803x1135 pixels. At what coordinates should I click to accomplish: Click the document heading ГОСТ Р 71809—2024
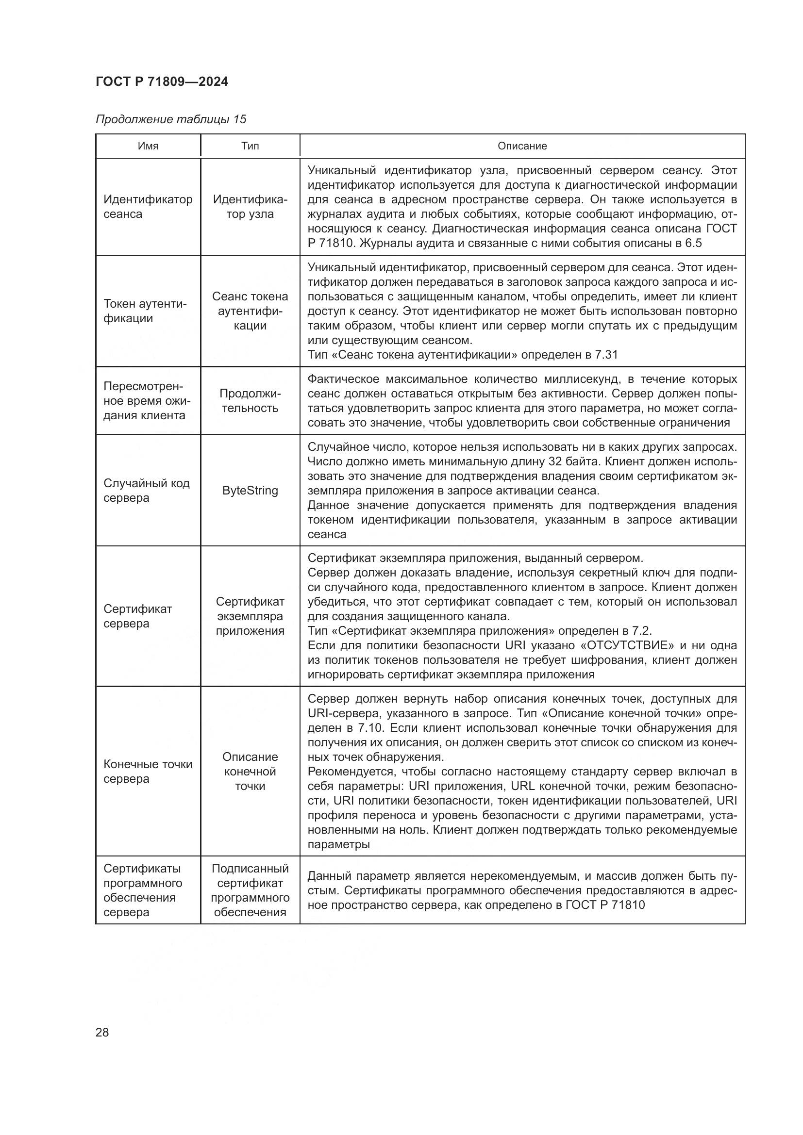click(162, 82)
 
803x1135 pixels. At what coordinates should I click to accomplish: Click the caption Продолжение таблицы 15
click(170, 119)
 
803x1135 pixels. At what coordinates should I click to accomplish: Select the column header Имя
click(148, 146)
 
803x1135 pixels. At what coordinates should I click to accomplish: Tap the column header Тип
click(250, 146)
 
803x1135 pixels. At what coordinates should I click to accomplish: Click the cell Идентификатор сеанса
click(148, 207)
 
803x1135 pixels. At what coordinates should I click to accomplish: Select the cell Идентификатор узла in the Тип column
click(250, 207)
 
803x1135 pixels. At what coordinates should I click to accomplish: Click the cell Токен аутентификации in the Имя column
click(145, 311)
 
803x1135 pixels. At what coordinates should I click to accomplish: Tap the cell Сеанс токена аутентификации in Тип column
click(250, 311)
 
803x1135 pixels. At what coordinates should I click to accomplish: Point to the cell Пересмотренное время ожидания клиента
click(147, 400)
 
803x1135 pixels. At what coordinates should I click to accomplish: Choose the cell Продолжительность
click(250, 400)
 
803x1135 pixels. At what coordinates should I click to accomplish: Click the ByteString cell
click(250, 491)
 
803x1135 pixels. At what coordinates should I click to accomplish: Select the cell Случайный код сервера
click(146, 491)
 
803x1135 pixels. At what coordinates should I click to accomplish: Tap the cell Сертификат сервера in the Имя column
click(137, 616)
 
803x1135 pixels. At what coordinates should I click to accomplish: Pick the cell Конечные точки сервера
click(148, 771)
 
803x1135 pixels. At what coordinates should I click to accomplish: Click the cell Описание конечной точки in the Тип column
click(250, 771)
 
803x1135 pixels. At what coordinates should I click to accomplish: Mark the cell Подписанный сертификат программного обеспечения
click(250, 890)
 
